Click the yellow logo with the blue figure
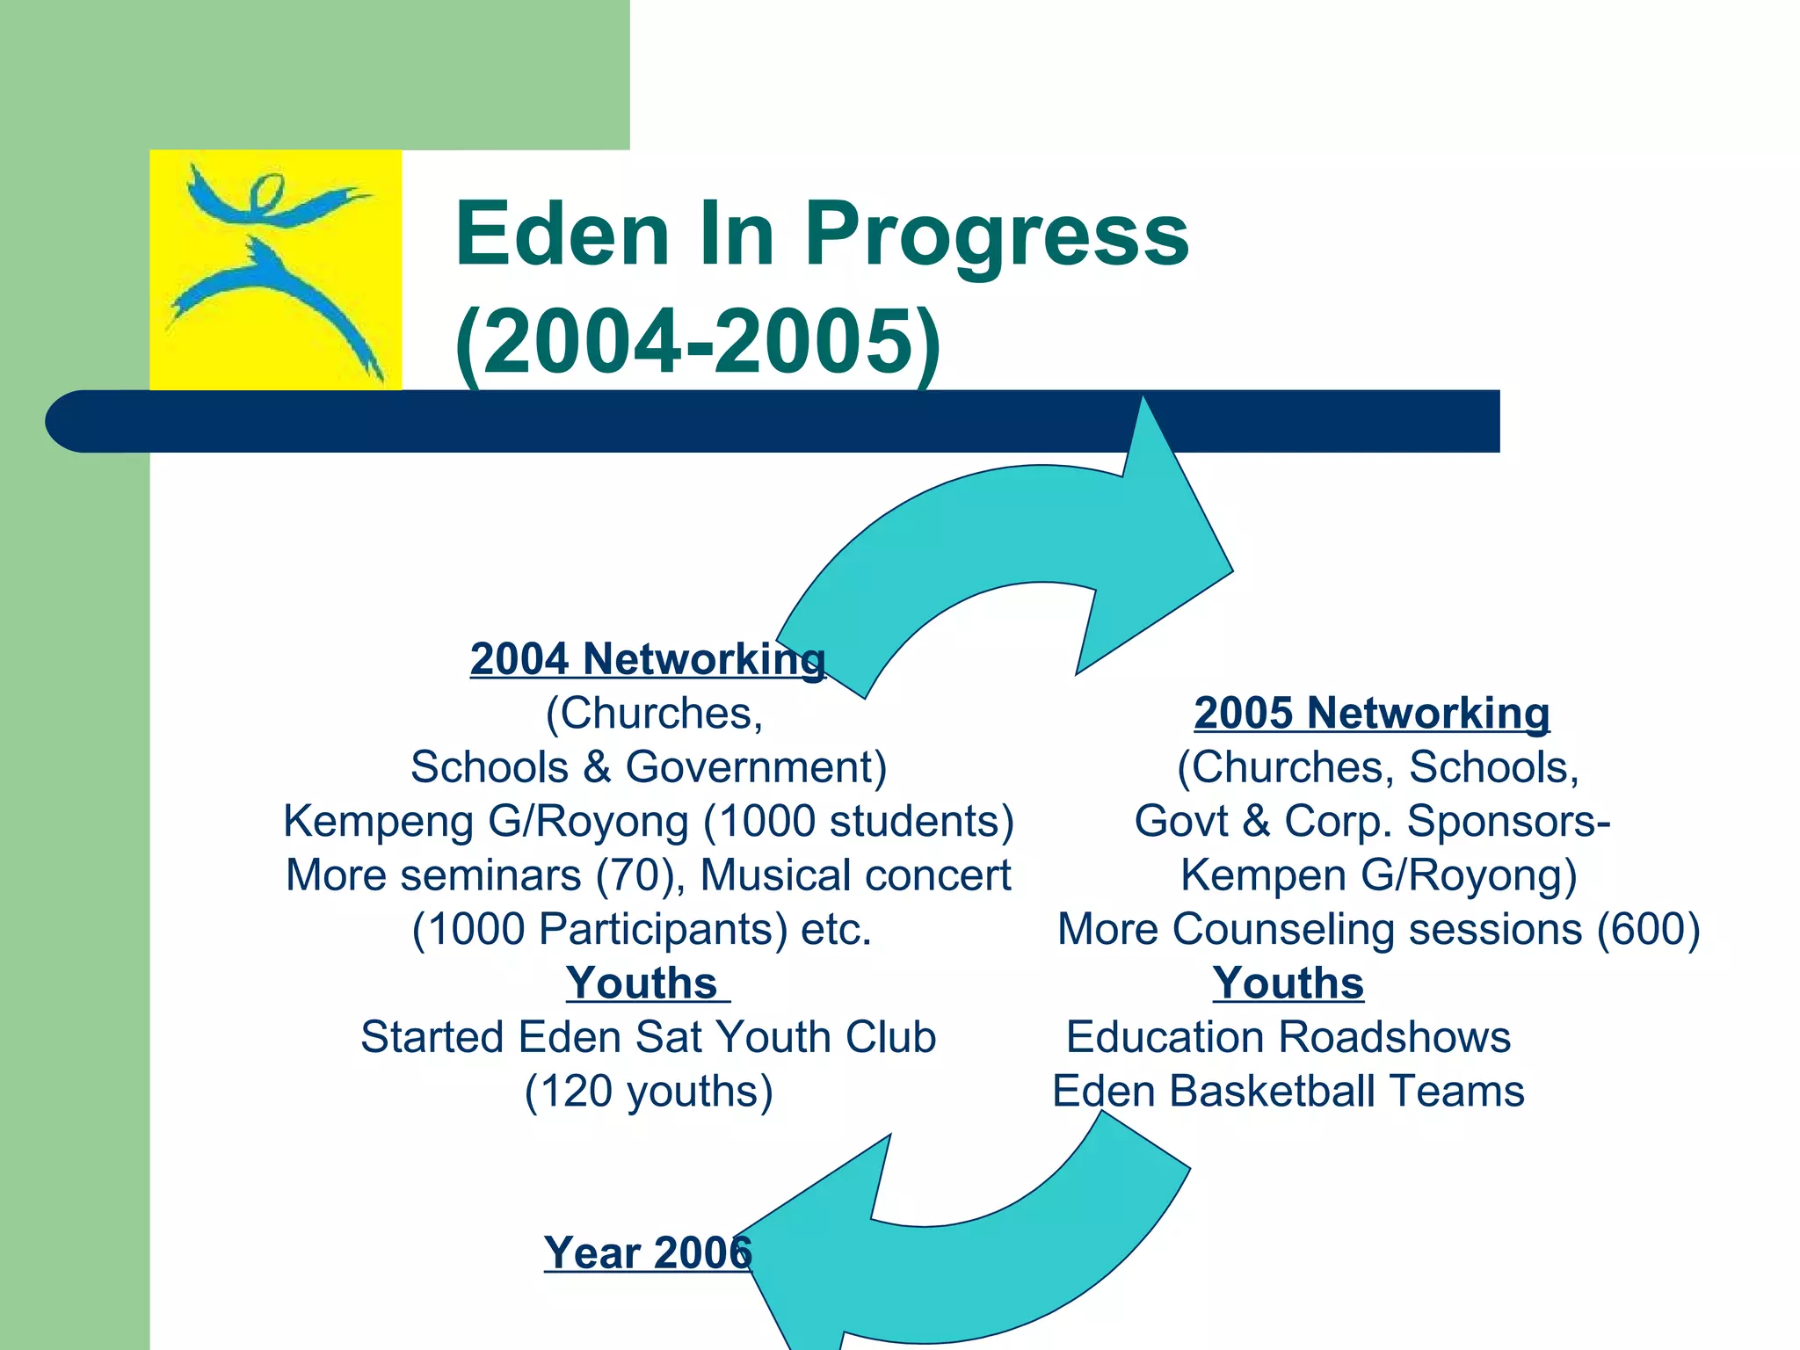tap(275, 270)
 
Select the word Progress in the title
tap(997, 235)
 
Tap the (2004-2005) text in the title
tap(698, 342)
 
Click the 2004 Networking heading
tap(648, 659)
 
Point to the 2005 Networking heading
tap(1371, 713)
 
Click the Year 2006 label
tap(648, 1252)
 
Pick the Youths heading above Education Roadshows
tap(1288, 983)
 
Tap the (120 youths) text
tap(649, 1092)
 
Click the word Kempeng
tap(379, 822)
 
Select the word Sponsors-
tap(1508, 822)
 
